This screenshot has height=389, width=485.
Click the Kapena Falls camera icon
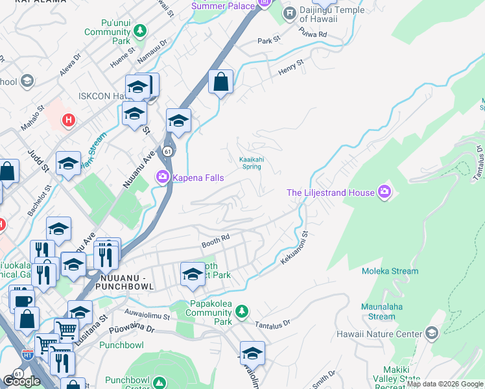(162, 176)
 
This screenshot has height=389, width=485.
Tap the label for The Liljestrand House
(331, 193)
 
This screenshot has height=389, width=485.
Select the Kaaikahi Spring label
(250, 163)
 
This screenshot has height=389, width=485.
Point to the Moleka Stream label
(390, 271)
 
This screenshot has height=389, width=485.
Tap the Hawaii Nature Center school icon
(431, 333)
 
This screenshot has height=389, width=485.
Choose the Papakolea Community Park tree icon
(241, 312)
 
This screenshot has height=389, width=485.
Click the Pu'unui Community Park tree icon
(139, 31)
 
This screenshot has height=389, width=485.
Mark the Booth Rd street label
(216, 241)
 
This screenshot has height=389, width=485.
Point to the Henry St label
(290, 67)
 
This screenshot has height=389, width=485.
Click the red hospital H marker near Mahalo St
(68, 120)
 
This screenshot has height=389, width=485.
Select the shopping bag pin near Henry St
(220, 82)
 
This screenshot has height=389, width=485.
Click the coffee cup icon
(21, 301)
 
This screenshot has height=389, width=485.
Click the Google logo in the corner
(21, 381)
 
